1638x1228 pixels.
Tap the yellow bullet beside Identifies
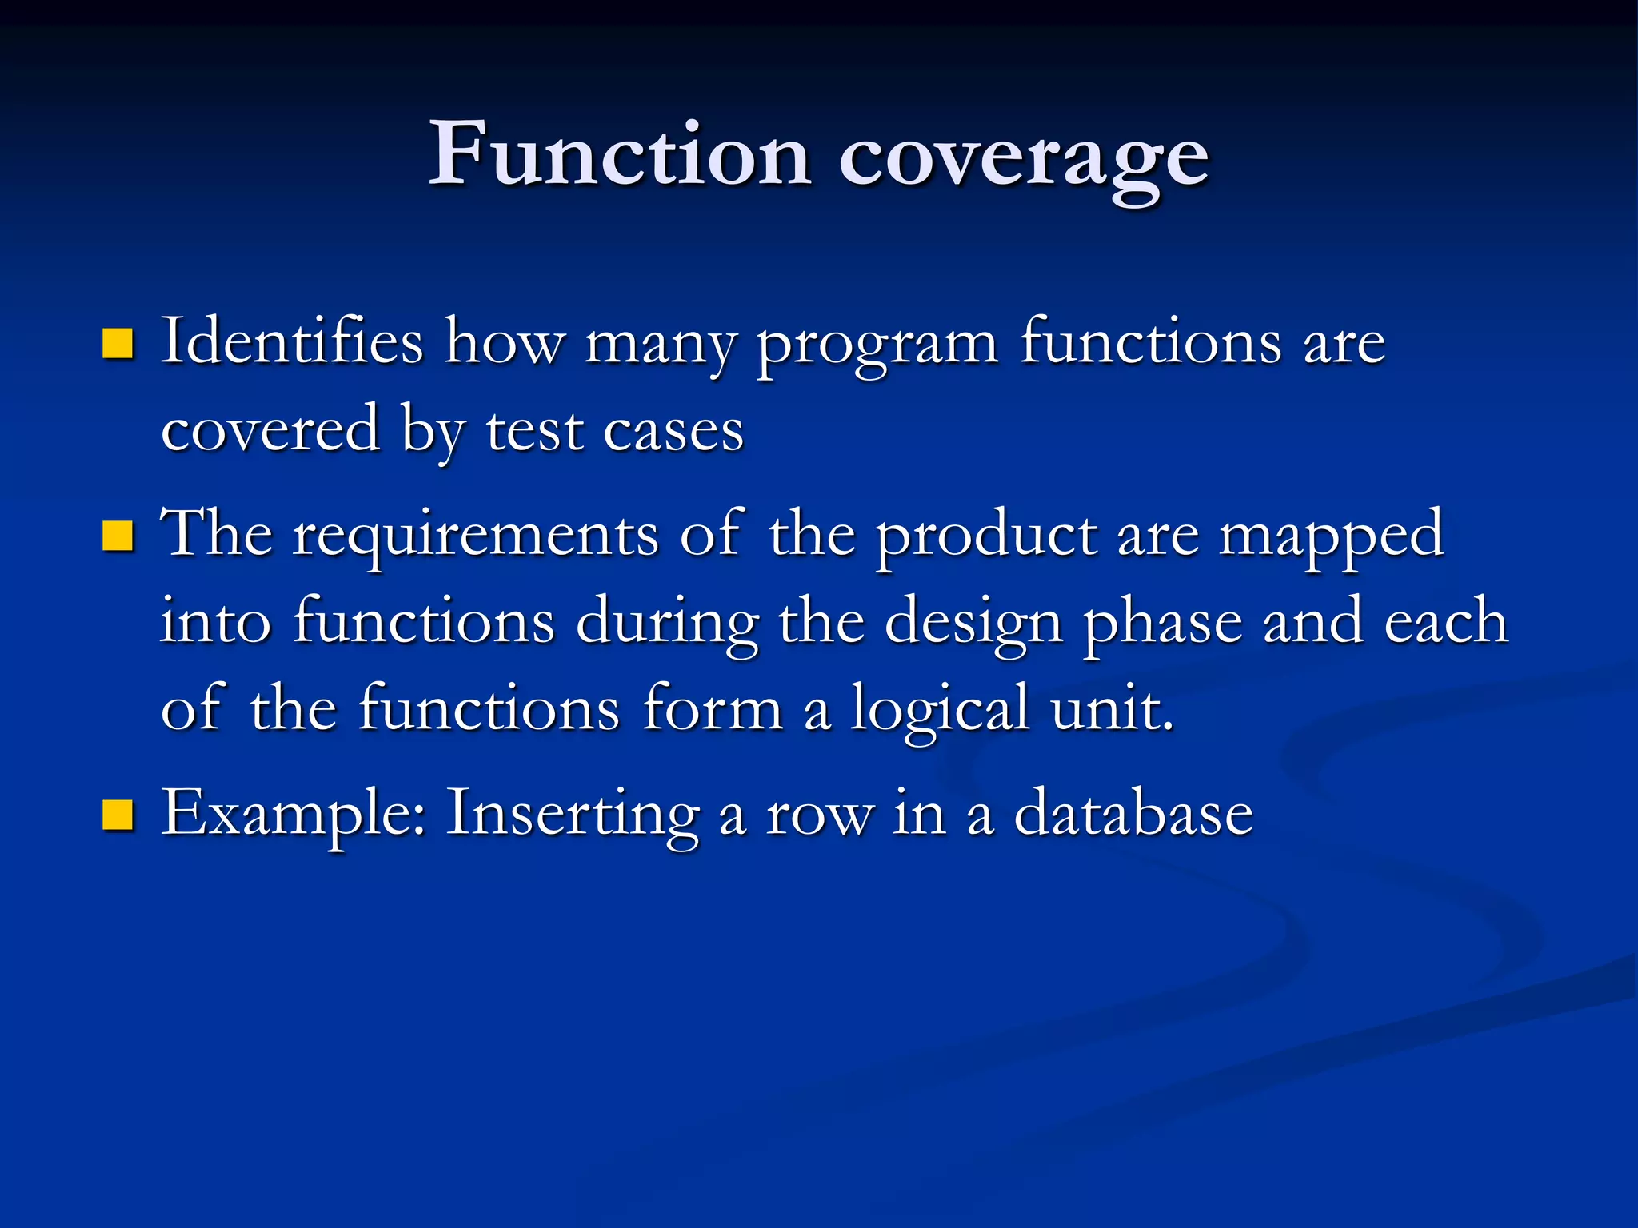pos(118,344)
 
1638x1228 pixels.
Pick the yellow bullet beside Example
pos(118,815)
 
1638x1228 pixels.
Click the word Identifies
pos(291,342)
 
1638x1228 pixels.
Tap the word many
pos(661,345)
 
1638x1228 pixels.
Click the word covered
pos(270,430)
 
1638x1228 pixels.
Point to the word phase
pos(1163,624)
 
